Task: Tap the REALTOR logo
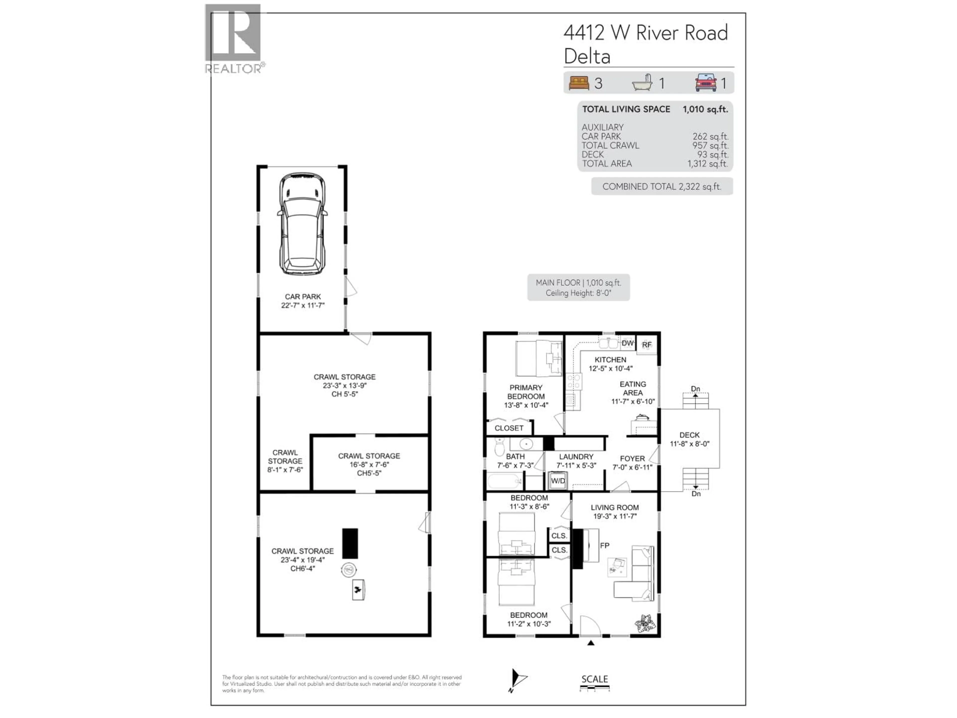[234, 38]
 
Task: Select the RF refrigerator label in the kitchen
[646, 345]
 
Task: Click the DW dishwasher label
[627, 343]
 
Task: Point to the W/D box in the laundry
[558, 481]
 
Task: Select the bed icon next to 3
[579, 83]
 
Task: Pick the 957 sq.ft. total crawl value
[710, 145]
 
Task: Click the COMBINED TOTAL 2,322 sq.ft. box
[661, 186]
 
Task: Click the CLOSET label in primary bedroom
[509, 428]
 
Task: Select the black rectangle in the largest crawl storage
[350, 543]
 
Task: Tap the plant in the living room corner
[645, 624]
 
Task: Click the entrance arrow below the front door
[591, 643]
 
